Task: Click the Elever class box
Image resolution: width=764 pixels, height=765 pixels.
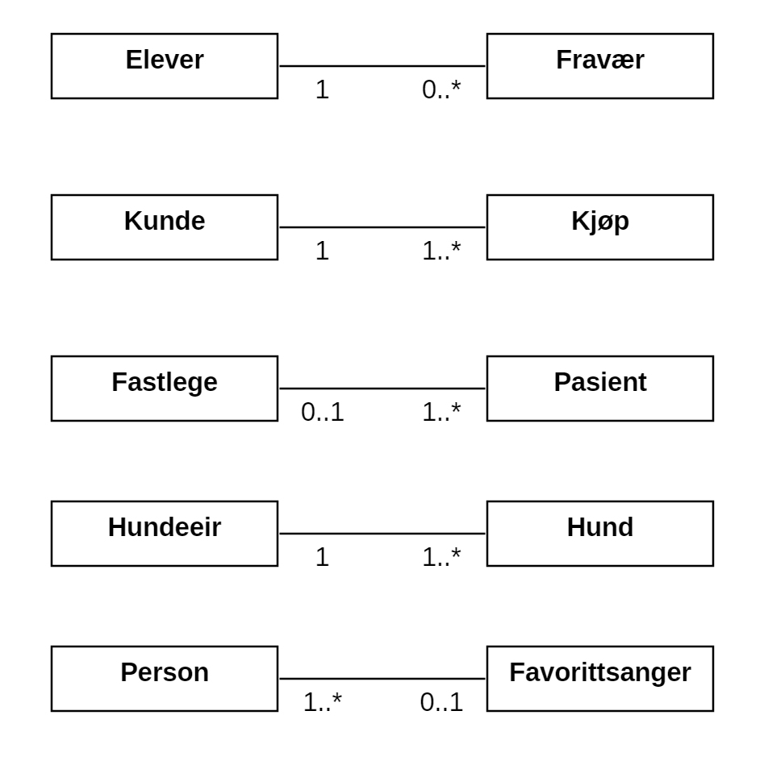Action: [x=165, y=66]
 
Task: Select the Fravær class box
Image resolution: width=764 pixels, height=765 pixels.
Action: [x=600, y=66]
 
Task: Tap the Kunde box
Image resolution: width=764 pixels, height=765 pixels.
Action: [x=165, y=227]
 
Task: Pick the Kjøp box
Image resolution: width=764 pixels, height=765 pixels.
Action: [x=600, y=227]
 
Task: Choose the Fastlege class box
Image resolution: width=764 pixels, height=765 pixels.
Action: [x=165, y=389]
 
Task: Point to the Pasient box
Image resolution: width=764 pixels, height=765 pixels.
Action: [x=600, y=389]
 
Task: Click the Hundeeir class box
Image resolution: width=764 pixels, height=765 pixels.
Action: [x=165, y=534]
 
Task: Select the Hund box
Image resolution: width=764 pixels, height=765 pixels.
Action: [x=600, y=534]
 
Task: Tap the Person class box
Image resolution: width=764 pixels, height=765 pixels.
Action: [x=165, y=679]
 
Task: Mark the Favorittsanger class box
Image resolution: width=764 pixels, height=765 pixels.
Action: [x=600, y=679]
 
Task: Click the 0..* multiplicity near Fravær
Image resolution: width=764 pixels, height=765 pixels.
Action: [x=441, y=89]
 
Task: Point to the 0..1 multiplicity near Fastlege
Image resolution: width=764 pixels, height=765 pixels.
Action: [x=322, y=412]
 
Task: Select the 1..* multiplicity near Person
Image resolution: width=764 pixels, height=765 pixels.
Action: [x=322, y=702]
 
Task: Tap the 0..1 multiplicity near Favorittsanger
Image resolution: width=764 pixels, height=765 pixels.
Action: [x=441, y=702]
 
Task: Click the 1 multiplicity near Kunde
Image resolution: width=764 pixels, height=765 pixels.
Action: [x=322, y=251]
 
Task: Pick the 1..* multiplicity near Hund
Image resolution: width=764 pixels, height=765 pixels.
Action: [x=441, y=557]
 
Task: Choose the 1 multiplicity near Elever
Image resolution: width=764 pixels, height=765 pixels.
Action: [x=322, y=89]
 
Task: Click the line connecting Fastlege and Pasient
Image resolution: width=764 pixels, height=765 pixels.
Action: [x=382, y=389]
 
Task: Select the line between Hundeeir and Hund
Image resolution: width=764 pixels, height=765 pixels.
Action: [x=382, y=534]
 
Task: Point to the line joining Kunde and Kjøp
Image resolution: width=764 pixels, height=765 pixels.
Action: [x=382, y=227]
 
